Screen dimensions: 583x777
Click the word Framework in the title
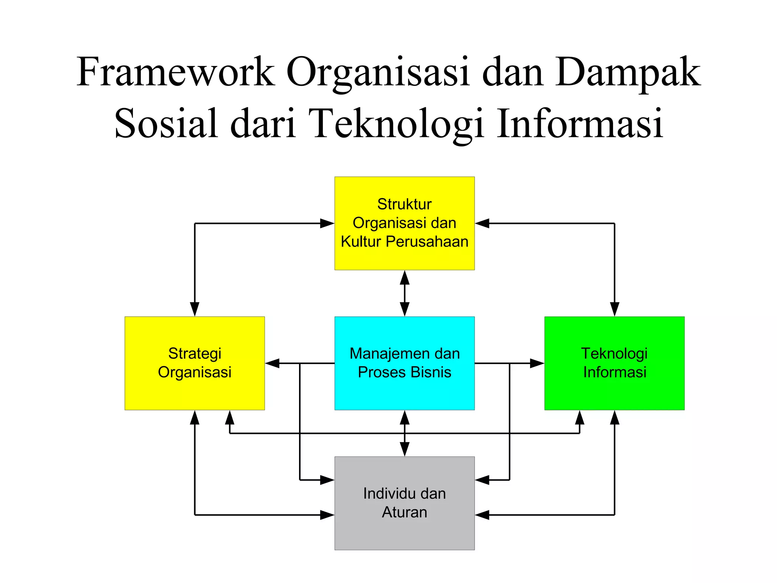(175, 72)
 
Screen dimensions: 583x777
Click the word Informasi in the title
(580, 124)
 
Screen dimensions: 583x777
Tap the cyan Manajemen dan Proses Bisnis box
(404, 395)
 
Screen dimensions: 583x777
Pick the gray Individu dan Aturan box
(404, 535)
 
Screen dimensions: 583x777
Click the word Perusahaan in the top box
(427, 242)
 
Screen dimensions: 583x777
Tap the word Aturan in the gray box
(404, 512)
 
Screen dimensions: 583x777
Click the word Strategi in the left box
(195, 353)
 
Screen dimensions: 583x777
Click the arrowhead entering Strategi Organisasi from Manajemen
(272, 363)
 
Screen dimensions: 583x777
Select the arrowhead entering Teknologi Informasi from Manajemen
(537, 363)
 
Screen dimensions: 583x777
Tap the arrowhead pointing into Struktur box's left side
(327, 223)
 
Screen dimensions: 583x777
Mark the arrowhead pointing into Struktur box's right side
(482, 223)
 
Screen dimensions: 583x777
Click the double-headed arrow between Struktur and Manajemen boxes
(404, 293)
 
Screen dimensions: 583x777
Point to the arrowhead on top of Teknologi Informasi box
(614, 309)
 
